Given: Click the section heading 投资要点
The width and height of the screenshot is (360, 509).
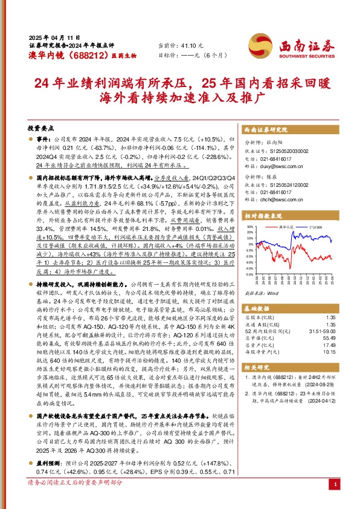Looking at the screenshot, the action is [x=40, y=129].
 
